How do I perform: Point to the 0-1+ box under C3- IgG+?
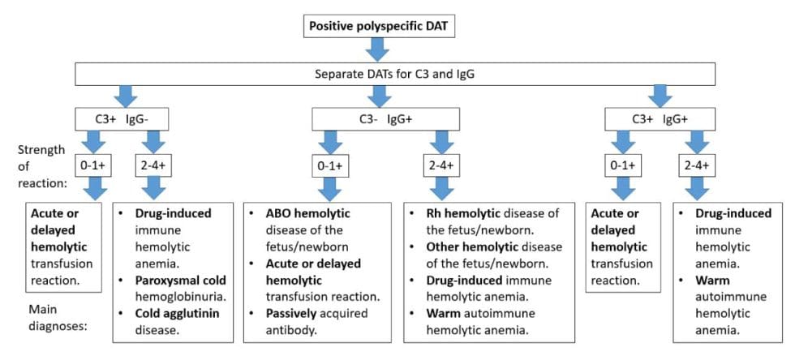(331, 166)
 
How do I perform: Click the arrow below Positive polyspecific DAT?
(376, 49)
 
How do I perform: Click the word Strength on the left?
(37, 151)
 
